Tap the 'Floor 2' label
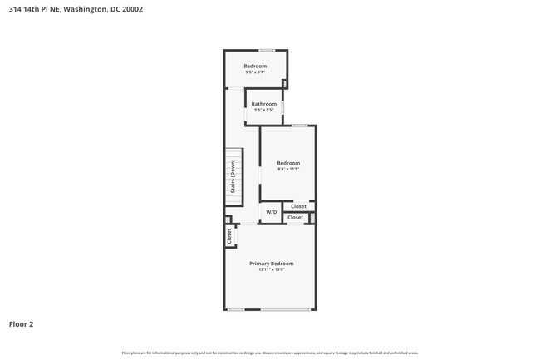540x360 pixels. click(x=22, y=323)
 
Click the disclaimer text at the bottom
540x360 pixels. click(x=270, y=353)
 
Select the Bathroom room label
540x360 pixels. click(x=264, y=104)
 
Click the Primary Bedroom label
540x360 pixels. click(x=271, y=263)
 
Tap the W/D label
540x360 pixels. click(x=271, y=213)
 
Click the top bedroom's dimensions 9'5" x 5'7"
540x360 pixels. click(x=255, y=72)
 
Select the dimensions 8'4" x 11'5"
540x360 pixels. click(x=287, y=169)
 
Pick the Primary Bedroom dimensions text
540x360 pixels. click(x=271, y=269)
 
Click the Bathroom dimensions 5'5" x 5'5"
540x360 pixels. click(x=264, y=110)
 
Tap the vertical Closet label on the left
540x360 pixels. click(x=229, y=236)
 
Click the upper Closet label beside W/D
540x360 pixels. click(x=298, y=206)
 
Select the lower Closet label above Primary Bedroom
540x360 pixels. click(x=295, y=218)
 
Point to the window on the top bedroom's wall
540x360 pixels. click(x=266, y=51)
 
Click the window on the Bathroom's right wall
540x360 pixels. click(x=283, y=107)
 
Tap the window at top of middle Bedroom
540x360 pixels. click(x=298, y=126)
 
